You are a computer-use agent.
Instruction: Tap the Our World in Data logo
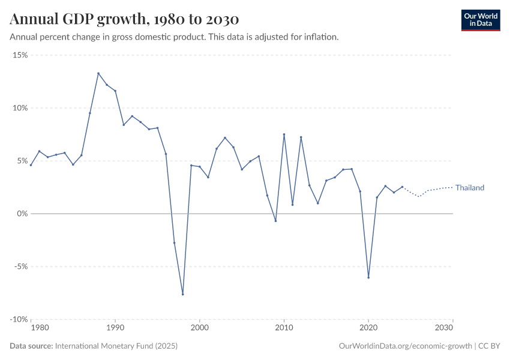[x=480, y=20]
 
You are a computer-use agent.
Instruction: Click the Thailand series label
[x=469, y=188]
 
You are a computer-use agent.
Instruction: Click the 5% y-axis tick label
[x=22, y=161]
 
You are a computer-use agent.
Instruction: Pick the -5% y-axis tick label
[x=21, y=266]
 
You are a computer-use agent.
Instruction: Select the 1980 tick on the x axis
[x=39, y=328]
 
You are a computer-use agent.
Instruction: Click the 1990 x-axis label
[x=115, y=328]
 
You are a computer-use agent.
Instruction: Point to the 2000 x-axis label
[x=200, y=328]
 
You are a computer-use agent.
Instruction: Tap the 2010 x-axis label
[x=284, y=328]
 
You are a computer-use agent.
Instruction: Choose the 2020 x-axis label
[x=368, y=328]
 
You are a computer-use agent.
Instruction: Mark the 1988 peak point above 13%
[x=98, y=73]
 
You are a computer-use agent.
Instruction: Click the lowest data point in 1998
[x=182, y=294]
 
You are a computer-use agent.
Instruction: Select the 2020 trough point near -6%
[x=368, y=277]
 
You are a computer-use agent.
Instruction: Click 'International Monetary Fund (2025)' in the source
[x=116, y=346]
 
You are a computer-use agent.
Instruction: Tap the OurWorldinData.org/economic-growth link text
[x=406, y=346]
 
